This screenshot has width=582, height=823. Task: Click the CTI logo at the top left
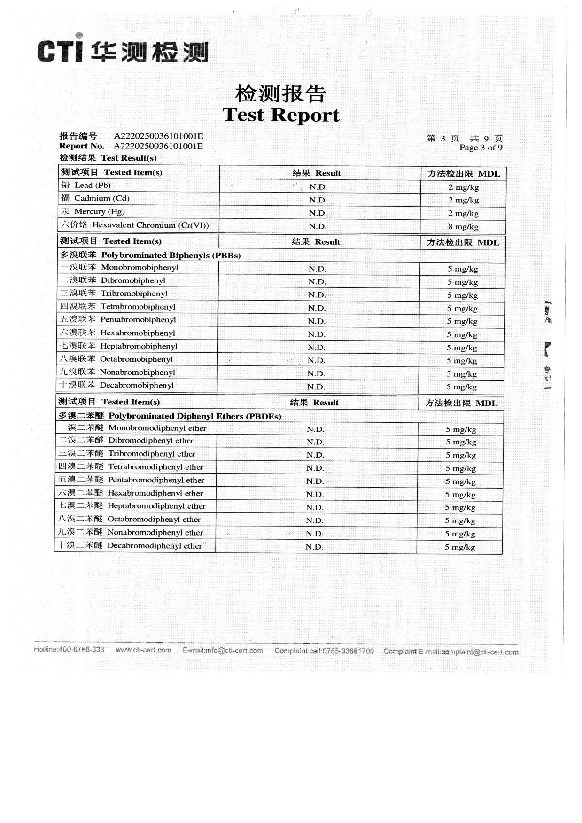point(122,51)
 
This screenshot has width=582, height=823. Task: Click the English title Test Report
point(280,115)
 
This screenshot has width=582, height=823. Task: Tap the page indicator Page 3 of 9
point(481,148)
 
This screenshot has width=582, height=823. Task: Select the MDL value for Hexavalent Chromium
point(463,227)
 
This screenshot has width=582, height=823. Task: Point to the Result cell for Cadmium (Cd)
point(318,200)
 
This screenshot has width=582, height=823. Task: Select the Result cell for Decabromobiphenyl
point(316,387)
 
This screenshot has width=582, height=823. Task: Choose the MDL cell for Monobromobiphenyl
point(462,269)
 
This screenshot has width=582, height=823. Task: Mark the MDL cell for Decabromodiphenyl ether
point(459,547)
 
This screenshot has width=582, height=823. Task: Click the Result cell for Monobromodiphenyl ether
point(315,429)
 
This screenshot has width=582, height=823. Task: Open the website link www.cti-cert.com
point(143,650)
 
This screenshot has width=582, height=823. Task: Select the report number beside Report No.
point(158,146)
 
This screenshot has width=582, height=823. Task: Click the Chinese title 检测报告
point(280,93)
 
